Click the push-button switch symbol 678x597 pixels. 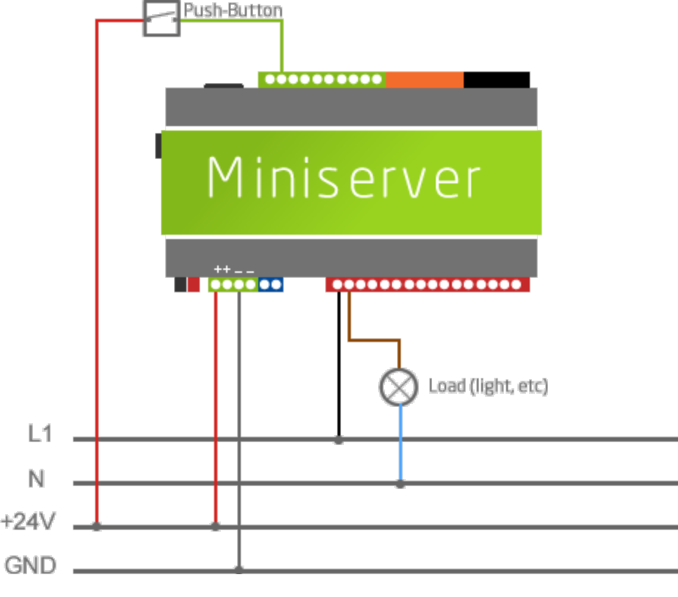tap(161, 18)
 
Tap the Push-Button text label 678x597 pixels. tap(233, 11)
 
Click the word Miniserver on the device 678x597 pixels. tap(343, 178)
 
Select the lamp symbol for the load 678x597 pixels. tap(398, 387)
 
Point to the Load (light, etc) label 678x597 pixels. tap(488, 386)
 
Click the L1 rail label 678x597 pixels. tap(40, 435)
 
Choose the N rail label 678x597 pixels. tap(37, 480)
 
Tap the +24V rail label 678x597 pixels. tap(29, 523)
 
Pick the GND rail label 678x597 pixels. tap(31, 566)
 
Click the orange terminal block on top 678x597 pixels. tap(424, 79)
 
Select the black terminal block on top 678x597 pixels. tap(496, 79)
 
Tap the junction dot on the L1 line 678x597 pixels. tap(338, 440)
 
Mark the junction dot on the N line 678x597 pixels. tap(400, 483)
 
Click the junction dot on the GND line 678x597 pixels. tap(239, 569)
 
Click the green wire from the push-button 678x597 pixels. tap(282, 44)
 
